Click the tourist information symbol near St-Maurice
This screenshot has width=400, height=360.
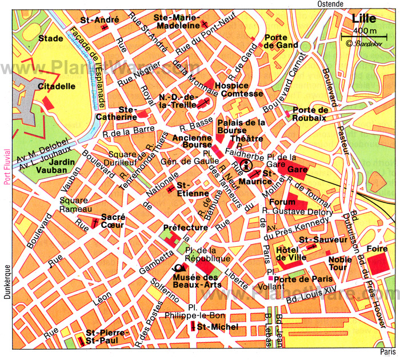tap(247, 166)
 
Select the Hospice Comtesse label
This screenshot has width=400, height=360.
tap(239, 90)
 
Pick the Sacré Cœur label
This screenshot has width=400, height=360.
tap(113, 221)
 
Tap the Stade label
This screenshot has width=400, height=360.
tap(51, 39)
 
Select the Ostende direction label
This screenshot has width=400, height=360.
tap(331, 4)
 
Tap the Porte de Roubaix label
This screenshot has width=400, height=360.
tap(310, 114)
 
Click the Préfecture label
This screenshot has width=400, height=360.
tap(185, 227)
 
